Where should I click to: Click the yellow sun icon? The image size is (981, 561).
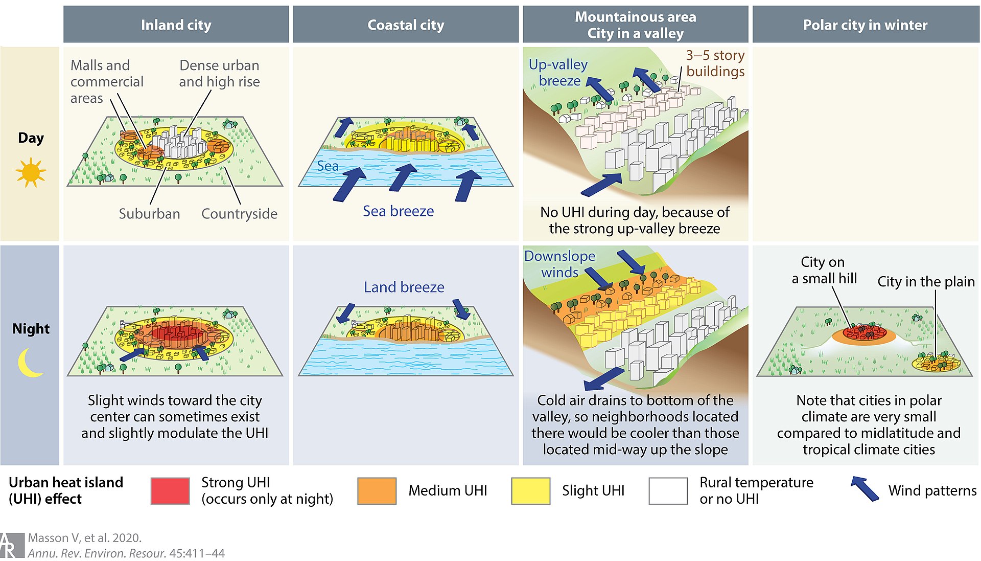(31, 172)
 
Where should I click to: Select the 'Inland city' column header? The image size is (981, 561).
(176, 25)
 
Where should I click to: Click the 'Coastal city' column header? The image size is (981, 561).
(406, 25)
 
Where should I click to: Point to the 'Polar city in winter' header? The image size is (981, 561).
(865, 25)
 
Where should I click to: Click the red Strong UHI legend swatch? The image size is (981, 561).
(170, 491)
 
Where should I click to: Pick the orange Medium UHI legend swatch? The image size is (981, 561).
(377, 491)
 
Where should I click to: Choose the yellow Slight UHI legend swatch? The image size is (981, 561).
(530, 491)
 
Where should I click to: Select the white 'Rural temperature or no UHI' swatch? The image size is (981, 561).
(668, 491)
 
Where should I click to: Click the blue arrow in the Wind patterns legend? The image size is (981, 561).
(865, 488)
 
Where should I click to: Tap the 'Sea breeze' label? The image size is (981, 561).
(398, 211)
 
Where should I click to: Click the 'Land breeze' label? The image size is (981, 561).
(404, 287)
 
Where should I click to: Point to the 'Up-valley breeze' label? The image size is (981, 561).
(558, 73)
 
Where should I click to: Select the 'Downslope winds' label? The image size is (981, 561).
(560, 264)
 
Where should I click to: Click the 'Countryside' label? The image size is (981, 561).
(239, 214)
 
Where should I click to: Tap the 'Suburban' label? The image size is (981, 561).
(149, 214)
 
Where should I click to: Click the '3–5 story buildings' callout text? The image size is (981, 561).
(715, 63)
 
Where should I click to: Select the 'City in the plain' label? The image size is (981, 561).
(926, 282)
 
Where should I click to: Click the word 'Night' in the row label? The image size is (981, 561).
(31, 329)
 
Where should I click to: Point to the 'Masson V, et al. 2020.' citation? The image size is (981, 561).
(85, 538)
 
